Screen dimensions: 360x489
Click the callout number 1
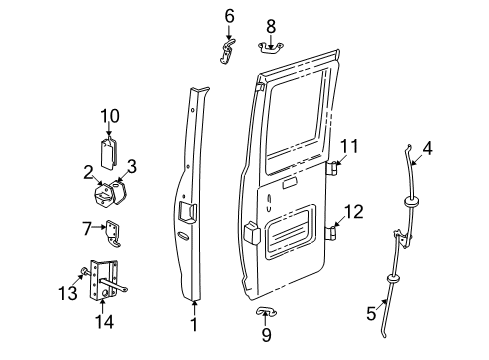click(194, 324)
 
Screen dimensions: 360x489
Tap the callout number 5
click(372, 314)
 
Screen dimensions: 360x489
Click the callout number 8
click(270, 24)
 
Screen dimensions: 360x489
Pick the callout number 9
click(265, 335)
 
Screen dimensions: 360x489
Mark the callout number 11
click(349, 147)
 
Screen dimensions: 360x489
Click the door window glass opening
click(297, 110)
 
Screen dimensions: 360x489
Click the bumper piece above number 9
click(264, 313)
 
